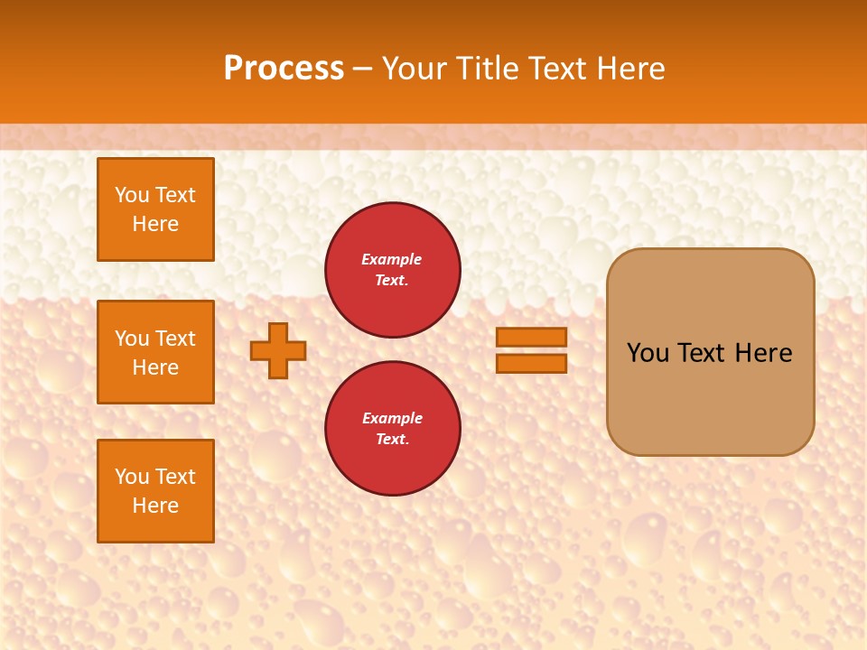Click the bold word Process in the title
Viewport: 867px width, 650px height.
pos(284,69)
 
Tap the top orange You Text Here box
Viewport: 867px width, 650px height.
pos(155,209)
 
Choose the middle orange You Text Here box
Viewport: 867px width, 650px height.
pos(155,352)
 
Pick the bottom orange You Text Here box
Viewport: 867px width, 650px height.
pos(155,490)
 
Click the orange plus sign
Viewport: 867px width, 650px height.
pos(278,350)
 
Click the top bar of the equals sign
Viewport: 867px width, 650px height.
pos(531,337)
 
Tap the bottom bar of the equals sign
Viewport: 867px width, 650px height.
pos(531,363)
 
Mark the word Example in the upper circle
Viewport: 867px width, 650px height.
pos(392,259)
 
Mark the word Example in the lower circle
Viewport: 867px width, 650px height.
pos(392,418)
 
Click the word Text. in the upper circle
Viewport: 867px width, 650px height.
pos(392,280)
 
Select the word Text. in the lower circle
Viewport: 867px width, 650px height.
pos(392,439)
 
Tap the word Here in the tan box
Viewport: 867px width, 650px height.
pos(763,353)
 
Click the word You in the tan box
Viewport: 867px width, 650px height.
pos(648,353)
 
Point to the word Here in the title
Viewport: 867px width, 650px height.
pos(634,69)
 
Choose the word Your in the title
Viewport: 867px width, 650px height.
pos(413,69)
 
